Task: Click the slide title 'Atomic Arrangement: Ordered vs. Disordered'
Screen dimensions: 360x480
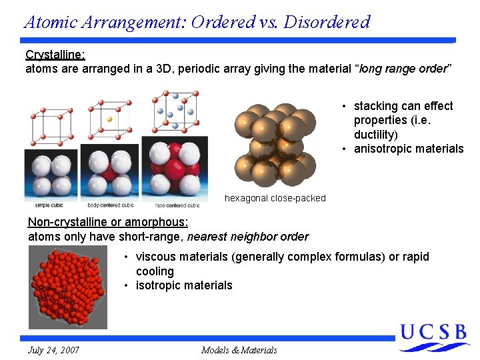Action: point(197,21)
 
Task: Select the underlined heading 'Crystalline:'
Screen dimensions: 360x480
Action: point(55,55)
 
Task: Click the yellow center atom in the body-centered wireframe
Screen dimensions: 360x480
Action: point(110,119)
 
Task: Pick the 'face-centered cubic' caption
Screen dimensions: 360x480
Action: point(174,205)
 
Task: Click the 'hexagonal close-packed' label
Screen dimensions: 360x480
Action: point(275,198)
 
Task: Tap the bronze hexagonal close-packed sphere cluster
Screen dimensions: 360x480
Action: point(275,145)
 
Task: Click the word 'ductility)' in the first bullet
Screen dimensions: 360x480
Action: point(375,135)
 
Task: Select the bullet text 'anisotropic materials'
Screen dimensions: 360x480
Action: point(408,149)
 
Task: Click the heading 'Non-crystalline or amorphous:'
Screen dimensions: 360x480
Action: point(108,222)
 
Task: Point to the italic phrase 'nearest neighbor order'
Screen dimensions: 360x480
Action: point(248,237)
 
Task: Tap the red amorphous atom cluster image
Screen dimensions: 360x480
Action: point(67,287)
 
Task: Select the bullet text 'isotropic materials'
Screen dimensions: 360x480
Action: point(184,285)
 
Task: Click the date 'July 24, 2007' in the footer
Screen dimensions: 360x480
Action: point(53,350)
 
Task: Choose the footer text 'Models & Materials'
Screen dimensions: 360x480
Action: point(239,350)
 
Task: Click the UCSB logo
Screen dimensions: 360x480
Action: point(433,337)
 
